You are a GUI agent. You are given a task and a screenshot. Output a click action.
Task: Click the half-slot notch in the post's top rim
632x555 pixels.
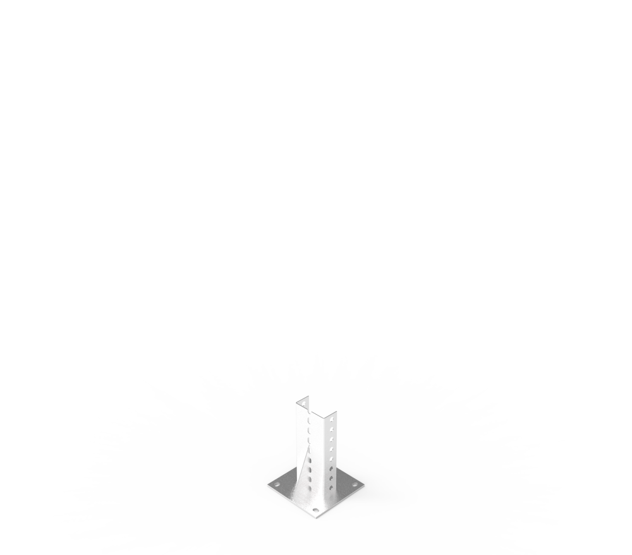(x=309, y=411)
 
